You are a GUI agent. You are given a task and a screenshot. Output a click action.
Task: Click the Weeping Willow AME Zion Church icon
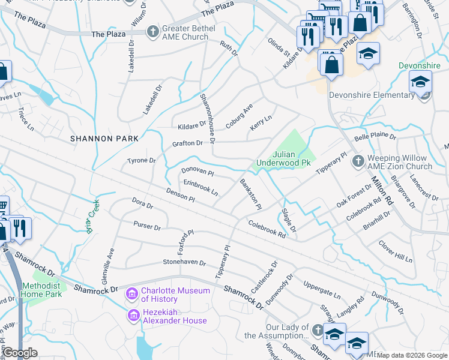358,161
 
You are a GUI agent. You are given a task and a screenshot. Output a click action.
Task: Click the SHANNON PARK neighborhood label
104,139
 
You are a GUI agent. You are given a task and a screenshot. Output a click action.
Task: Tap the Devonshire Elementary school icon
420,82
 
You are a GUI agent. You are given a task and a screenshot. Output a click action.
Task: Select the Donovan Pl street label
197,172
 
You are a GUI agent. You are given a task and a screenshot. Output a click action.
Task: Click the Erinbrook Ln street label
200,188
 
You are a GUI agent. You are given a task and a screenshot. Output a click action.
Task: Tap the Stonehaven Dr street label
184,263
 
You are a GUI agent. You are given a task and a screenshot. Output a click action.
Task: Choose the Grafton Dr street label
187,143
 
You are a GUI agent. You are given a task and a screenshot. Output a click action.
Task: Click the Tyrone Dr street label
141,161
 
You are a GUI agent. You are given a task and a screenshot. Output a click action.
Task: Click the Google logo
20,353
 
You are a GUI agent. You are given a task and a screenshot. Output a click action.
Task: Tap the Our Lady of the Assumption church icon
316,329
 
